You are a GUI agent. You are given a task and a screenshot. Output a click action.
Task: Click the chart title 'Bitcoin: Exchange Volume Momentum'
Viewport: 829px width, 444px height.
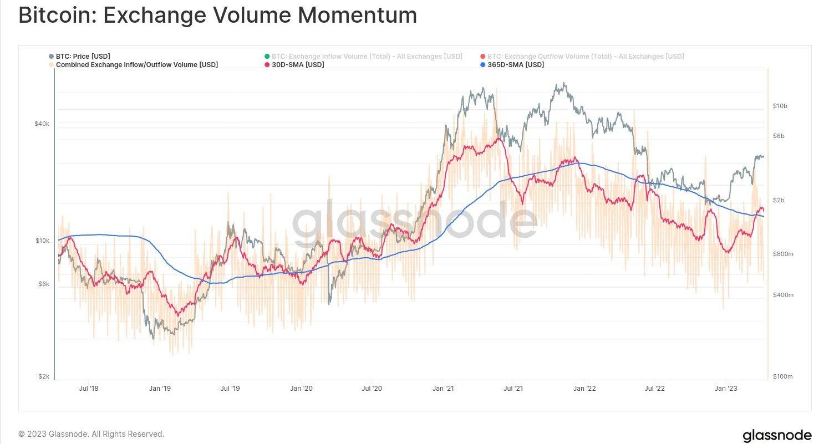(217, 16)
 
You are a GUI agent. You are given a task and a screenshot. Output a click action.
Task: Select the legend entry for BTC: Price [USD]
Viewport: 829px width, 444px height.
(83, 57)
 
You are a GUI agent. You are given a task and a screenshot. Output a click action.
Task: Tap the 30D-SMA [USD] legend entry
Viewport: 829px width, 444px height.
(298, 65)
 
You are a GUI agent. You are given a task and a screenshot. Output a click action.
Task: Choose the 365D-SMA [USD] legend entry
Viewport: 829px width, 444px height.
(515, 65)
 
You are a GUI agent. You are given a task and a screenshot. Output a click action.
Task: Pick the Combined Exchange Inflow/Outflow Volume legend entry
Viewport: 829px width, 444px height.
(136, 65)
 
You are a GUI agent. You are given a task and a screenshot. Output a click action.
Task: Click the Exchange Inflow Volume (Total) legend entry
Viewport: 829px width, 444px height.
(367, 57)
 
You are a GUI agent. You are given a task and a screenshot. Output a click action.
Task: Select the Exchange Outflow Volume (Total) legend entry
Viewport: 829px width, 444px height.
(585, 57)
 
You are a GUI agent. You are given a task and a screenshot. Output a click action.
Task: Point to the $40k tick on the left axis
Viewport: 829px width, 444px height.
(42, 124)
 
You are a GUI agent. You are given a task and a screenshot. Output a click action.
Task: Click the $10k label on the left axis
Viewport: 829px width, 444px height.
(42, 241)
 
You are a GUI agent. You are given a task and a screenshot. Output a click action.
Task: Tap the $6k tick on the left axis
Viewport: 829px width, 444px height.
(44, 284)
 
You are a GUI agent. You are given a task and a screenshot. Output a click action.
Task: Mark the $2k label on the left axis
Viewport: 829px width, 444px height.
(44, 376)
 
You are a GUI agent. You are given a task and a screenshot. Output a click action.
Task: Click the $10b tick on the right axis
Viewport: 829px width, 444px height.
(780, 106)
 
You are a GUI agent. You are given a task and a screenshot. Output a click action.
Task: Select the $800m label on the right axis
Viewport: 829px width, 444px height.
(783, 254)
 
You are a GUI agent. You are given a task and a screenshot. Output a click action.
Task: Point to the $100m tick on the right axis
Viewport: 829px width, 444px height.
(783, 376)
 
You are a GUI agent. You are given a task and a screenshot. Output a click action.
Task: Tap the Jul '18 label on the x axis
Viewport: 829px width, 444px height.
(89, 389)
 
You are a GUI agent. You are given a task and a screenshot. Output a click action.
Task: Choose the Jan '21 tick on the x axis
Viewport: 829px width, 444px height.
(443, 389)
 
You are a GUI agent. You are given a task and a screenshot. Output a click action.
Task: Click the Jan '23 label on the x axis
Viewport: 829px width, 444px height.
(725, 389)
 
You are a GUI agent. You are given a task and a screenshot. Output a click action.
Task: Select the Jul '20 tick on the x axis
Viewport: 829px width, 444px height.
(372, 389)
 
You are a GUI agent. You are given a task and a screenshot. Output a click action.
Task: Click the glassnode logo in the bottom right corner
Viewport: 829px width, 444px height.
(777, 435)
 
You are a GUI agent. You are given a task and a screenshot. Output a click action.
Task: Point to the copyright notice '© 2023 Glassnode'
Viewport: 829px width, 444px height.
(91, 434)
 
